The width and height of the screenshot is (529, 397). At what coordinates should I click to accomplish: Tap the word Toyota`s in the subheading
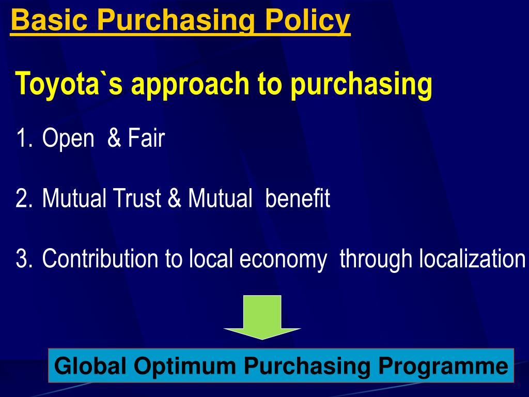(69, 84)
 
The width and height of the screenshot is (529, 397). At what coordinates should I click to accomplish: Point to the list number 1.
(22, 139)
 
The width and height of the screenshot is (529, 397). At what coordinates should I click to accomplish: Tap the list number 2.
(23, 198)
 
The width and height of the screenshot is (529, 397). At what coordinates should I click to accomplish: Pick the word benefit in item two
(298, 198)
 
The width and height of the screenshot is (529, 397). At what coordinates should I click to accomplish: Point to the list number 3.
(23, 258)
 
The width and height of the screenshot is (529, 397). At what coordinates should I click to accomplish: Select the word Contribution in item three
(101, 258)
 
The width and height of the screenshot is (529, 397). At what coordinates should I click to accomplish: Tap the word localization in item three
(472, 258)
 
